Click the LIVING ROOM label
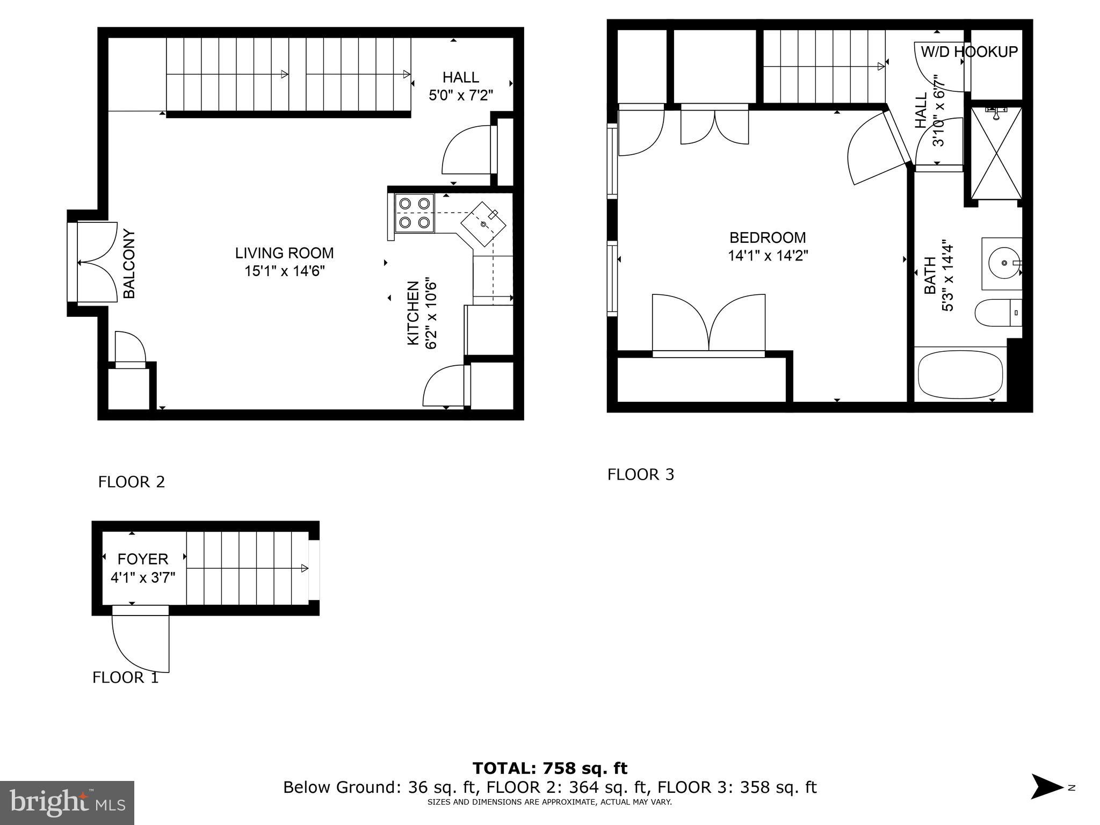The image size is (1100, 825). [284, 253]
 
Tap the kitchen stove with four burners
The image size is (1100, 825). [415, 213]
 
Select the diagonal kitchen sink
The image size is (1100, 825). [483, 223]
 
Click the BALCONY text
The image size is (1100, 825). [129, 264]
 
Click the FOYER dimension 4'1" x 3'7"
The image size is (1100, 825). [143, 578]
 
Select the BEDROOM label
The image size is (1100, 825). [768, 237]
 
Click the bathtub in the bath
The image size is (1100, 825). [960, 374]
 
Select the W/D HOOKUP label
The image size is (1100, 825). [969, 52]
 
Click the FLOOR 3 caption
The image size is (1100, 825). [640, 474]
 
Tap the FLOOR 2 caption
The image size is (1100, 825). [131, 482]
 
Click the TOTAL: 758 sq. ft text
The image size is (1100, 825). [549, 769]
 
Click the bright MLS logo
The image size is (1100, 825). [67, 802]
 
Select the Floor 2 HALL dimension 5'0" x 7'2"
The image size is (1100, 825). [460, 95]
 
